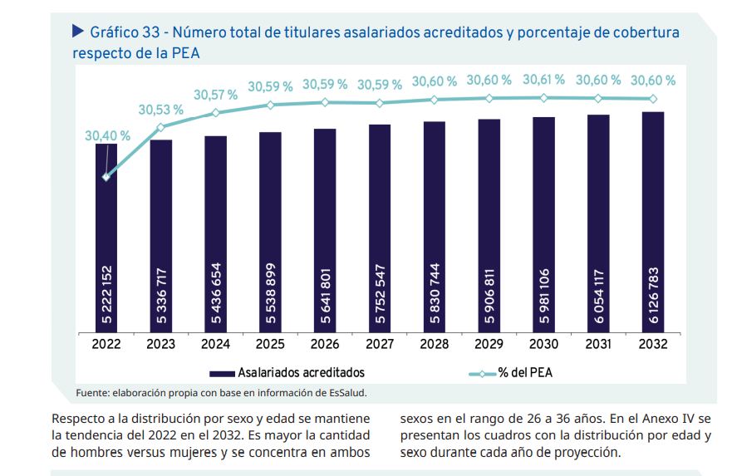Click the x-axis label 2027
[379, 342]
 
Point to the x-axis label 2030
[543, 342]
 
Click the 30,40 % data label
[107, 135]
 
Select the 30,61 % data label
[543, 80]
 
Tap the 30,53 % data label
[161, 110]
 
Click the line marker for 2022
[106, 177]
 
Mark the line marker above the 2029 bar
[489, 98]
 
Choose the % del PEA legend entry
[524, 373]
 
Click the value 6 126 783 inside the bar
[652, 295]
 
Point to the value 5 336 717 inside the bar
[161, 295]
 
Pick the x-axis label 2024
[215, 342]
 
